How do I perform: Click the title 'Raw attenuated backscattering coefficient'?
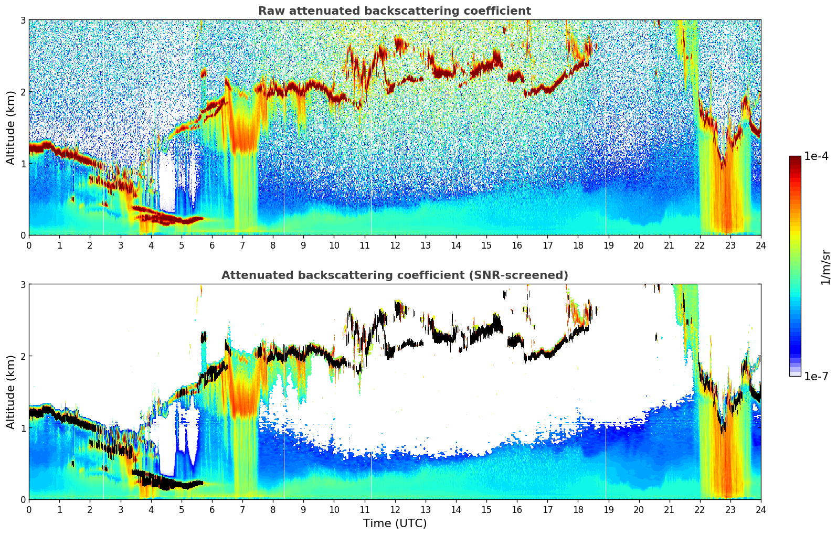coord(395,11)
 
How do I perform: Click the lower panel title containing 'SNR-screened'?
coord(395,275)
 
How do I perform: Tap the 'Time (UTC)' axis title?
coord(395,523)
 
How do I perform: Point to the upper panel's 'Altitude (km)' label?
coord(11,127)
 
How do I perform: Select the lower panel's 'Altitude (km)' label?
coord(11,392)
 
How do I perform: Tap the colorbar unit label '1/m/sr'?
coord(825,267)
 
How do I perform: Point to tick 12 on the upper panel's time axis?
coord(395,245)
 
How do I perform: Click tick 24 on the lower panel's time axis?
coord(760,509)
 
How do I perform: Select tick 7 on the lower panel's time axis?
coord(242,509)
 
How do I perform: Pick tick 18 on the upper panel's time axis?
coord(578,245)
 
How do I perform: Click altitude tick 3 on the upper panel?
coord(23,20)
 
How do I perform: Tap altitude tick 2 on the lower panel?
coord(23,356)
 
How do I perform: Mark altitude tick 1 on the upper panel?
coord(23,164)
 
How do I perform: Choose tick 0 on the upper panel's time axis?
coord(29,245)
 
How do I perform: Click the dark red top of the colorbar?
coord(795,158)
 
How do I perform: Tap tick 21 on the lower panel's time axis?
coord(669,509)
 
